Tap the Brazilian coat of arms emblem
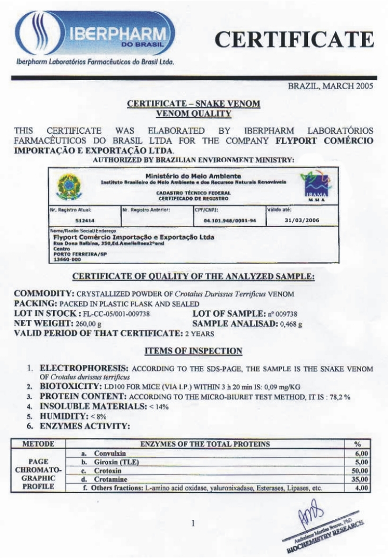click(x=67, y=188)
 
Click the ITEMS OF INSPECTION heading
click(x=194, y=351)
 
